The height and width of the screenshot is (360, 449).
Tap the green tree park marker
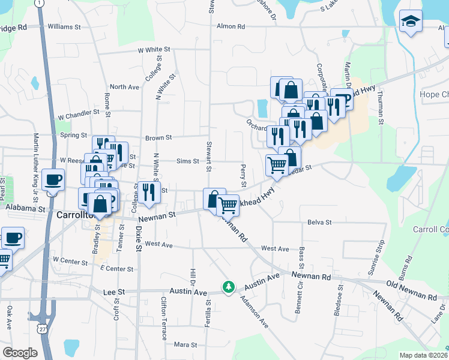[x=228, y=287]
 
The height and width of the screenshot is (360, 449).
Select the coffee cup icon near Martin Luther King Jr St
[x=53, y=180]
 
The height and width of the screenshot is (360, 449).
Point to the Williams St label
[x=64, y=27]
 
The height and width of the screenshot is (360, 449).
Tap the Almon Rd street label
[x=231, y=26]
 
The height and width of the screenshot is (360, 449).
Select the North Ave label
[x=124, y=87]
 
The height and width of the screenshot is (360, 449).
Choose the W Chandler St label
[x=78, y=113]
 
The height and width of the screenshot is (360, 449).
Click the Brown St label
[x=158, y=137]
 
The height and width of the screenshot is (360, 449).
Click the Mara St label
[x=185, y=344]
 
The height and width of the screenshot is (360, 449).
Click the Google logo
[x=20, y=353]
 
